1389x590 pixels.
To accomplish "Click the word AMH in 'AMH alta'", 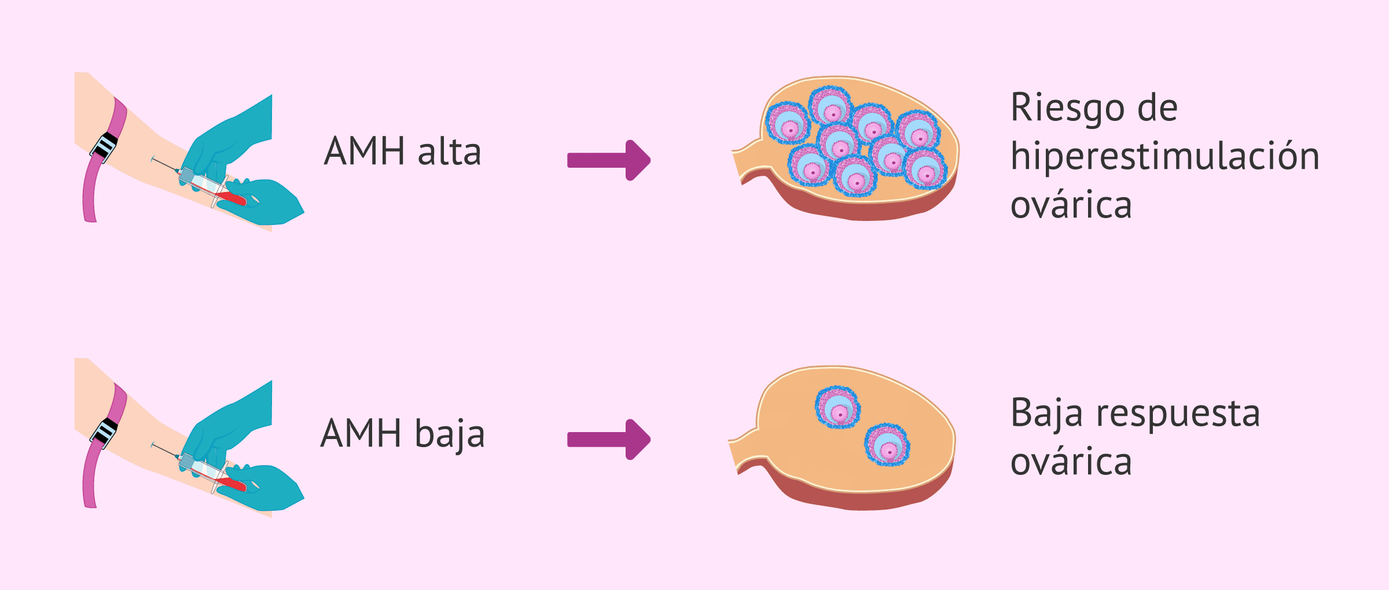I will click(x=365, y=152).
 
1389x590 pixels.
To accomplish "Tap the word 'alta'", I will click(x=449, y=152).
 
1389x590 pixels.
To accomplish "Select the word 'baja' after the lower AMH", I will click(x=450, y=434).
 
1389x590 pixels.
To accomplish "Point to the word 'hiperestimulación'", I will click(x=1164, y=157).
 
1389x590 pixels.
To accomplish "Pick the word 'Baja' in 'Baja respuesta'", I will click(x=1046, y=414).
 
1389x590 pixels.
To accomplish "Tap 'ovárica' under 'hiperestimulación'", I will click(x=1071, y=205).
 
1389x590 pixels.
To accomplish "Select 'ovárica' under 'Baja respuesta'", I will click(x=1071, y=462).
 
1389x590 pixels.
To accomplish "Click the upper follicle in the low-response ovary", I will click(x=837, y=408).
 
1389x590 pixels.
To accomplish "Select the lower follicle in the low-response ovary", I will click(x=887, y=445).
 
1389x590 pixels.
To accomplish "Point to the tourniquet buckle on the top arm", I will click(x=105, y=146).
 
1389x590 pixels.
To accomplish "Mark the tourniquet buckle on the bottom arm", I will click(x=105, y=432).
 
